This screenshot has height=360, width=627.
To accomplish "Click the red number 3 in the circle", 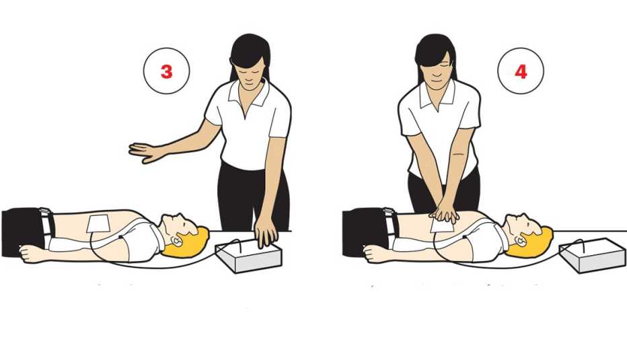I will [166, 71].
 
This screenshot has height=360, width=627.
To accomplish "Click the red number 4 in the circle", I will [521, 71].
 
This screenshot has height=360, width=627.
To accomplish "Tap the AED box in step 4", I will [592, 255].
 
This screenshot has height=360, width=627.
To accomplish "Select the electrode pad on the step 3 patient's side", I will [98, 223].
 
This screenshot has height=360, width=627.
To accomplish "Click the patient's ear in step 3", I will [177, 240].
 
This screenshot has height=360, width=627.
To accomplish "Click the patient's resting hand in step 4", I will [374, 253].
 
